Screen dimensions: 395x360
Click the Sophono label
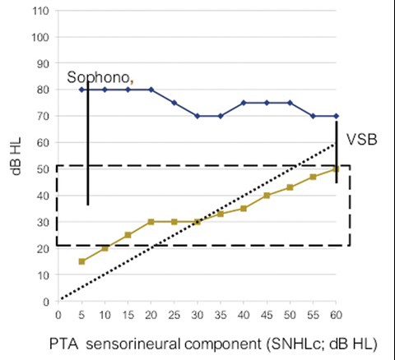click(x=98, y=77)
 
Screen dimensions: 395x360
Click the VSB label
click(x=362, y=140)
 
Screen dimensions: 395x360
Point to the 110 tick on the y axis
click(x=40, y=11)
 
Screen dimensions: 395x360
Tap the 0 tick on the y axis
click(x=46, y=302)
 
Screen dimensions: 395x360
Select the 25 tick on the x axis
click(x=174, y=316)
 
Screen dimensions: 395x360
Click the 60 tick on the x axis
click(x=336, y=316)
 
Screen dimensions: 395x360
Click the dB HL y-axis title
click(x=16, y=156)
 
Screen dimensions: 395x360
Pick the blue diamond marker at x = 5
click(x=81, y=90)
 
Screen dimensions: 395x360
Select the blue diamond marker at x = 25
click(x=174, y=103)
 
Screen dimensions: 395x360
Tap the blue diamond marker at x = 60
click(x=336, y=116)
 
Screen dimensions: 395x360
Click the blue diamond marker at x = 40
click(x=244, y=103)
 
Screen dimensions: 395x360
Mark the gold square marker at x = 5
click(x=81, y=261)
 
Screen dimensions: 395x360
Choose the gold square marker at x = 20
click(x=151, y=222)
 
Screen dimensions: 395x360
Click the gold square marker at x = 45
click(x=267, y=196)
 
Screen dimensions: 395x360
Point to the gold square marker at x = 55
click(x=313, y=177)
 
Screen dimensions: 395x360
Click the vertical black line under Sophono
click(x=88, y=143)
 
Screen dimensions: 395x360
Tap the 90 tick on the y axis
click(x=43, y=64)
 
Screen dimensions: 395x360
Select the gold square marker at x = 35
click(x=221, y=214)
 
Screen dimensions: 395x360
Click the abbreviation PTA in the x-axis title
click(x=63, y=344)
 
